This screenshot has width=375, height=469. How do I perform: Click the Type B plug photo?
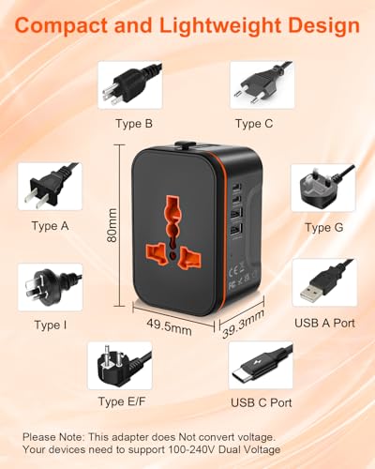(x=130, y=85)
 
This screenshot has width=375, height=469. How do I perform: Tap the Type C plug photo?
(x=262, y=85)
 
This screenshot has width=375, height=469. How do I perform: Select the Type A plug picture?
(x=50, y=187)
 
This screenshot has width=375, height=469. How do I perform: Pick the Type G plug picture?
(x=323, y=189)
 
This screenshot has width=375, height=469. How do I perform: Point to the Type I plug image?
(x=51, y=287)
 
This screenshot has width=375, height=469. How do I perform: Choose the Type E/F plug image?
(x=120, y=366)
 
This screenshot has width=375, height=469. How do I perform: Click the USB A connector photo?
(x=324, y=282)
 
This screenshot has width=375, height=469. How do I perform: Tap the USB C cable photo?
(x=261, y=366)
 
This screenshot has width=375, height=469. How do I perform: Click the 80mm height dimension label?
(x=112, y=225)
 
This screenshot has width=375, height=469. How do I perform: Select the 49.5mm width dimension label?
(x=169, y=326)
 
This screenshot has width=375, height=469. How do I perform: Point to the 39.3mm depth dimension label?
(x=244, y=324)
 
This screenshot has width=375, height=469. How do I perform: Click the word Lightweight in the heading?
(x=222, y=26)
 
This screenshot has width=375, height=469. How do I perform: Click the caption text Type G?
(x=324, y=228)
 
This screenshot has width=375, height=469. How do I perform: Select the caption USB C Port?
(x=262, y=402)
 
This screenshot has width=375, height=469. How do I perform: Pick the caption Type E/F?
(x=122, y=401)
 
